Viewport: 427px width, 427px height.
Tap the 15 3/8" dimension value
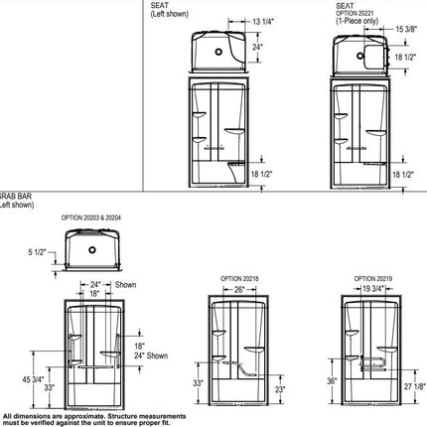point(407,30)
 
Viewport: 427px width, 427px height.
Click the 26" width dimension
point(239,290)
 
